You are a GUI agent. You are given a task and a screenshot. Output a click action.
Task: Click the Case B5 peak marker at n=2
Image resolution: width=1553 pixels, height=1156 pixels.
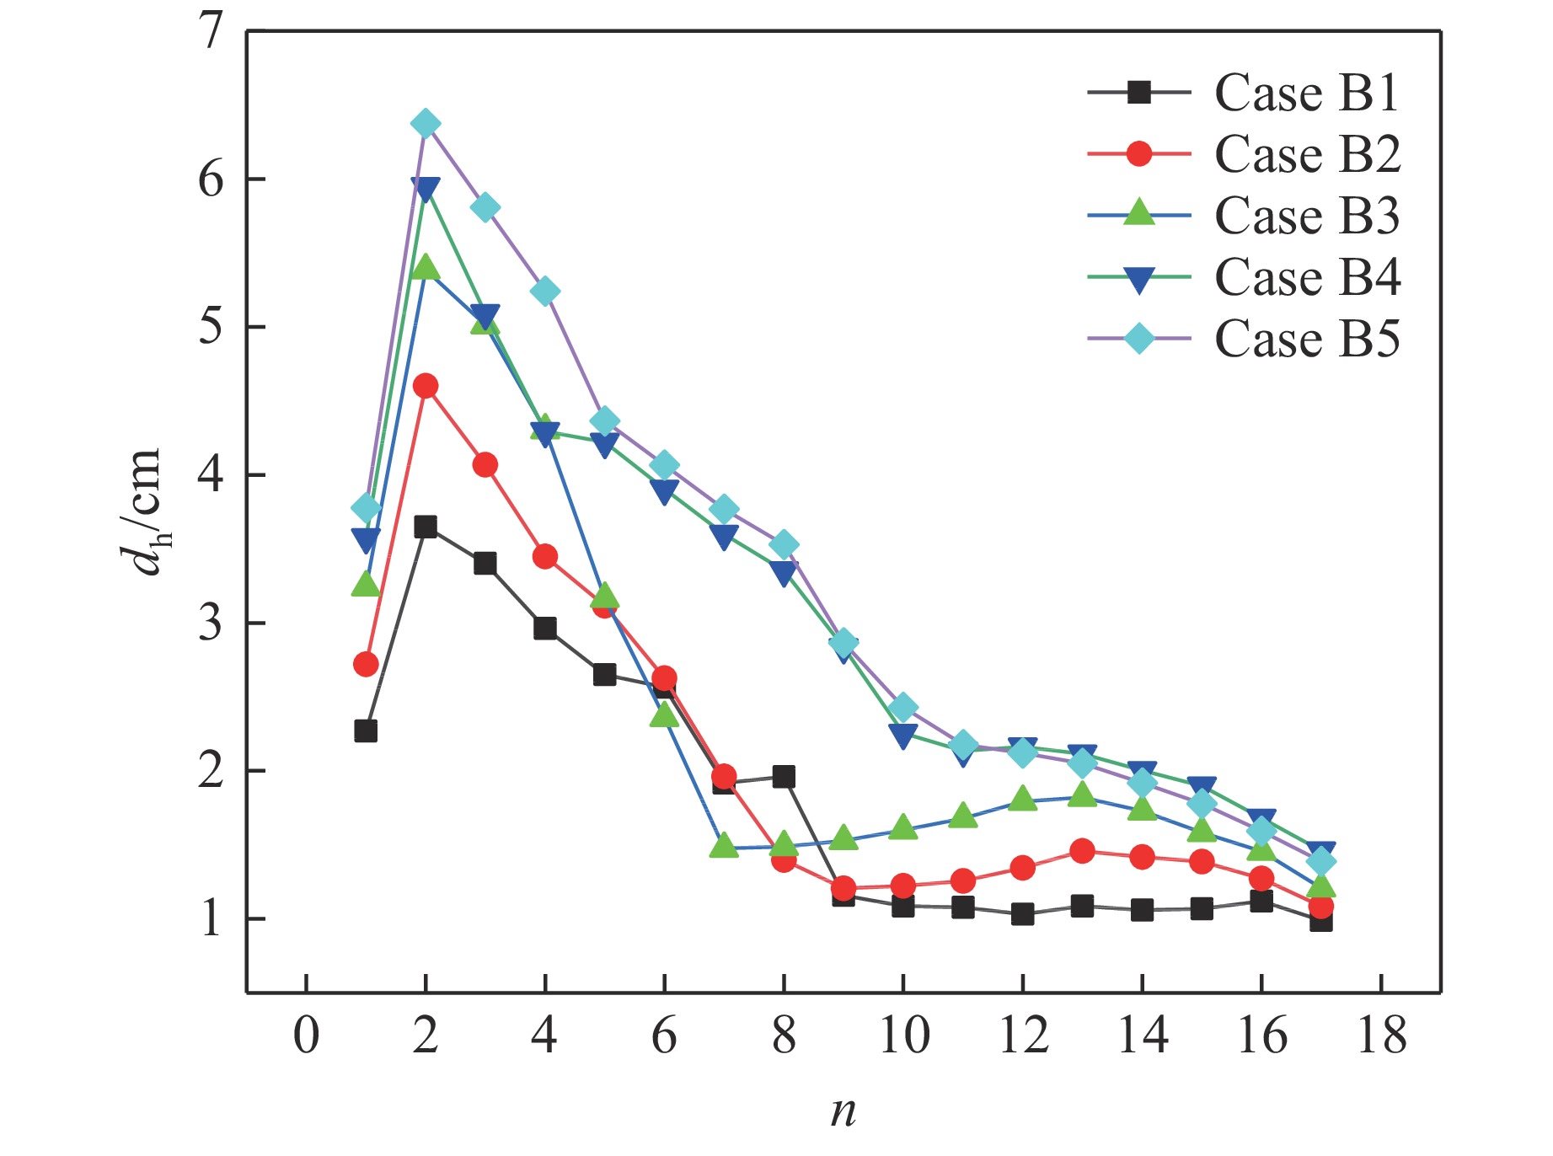pos(426,124)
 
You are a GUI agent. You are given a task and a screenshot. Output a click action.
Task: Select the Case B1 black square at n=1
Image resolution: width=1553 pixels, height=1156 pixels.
pos(366,731)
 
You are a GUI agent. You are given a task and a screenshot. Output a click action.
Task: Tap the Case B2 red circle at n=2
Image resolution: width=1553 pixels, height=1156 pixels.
pos(426,387)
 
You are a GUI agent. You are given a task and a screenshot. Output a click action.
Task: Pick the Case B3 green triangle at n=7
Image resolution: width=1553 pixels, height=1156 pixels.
pos(724,845)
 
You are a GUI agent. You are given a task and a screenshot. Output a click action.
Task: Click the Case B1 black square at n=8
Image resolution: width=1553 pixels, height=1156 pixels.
pos(784,777)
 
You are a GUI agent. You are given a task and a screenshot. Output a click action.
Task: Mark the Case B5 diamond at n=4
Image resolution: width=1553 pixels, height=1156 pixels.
pos(545,292)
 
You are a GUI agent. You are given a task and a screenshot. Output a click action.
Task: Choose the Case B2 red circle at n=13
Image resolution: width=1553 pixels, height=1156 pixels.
pos(1082,852)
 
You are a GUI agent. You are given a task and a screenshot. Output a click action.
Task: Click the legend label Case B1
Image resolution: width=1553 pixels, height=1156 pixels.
pos(1307,93)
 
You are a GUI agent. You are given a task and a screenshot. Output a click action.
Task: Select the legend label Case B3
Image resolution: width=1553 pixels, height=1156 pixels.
pos(1307,216)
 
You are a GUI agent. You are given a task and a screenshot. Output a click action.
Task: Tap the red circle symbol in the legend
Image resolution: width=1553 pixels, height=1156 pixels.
pos(1139,154)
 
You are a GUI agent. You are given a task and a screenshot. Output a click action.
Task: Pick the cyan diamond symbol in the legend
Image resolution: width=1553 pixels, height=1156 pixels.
pos(1139,339)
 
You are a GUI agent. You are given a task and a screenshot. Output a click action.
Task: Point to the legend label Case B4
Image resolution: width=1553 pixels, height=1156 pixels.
pos(1307,277)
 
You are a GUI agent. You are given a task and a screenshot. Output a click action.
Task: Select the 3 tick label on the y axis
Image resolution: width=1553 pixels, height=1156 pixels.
pos(211,623)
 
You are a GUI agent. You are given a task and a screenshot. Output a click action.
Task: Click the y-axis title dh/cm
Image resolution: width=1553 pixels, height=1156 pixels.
pos(139,511)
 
